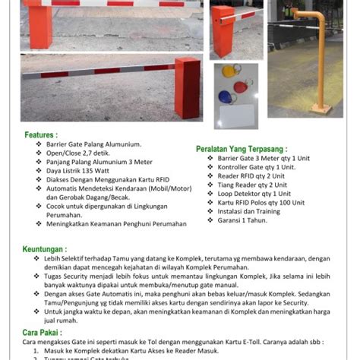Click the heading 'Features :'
click(42, 134)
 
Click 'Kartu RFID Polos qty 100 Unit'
click(262, 203)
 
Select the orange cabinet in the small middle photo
click(222, 34)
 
